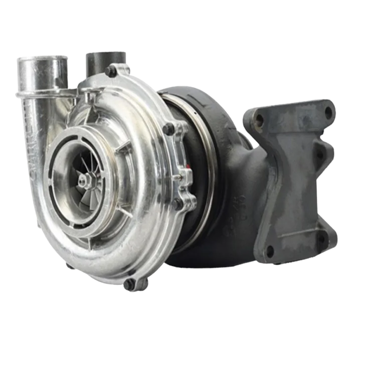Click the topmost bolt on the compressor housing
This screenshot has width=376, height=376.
tap(111, 72)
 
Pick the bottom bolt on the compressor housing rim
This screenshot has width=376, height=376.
tap(130, 284)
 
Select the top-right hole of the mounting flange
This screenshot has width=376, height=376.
tap(328, 111)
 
